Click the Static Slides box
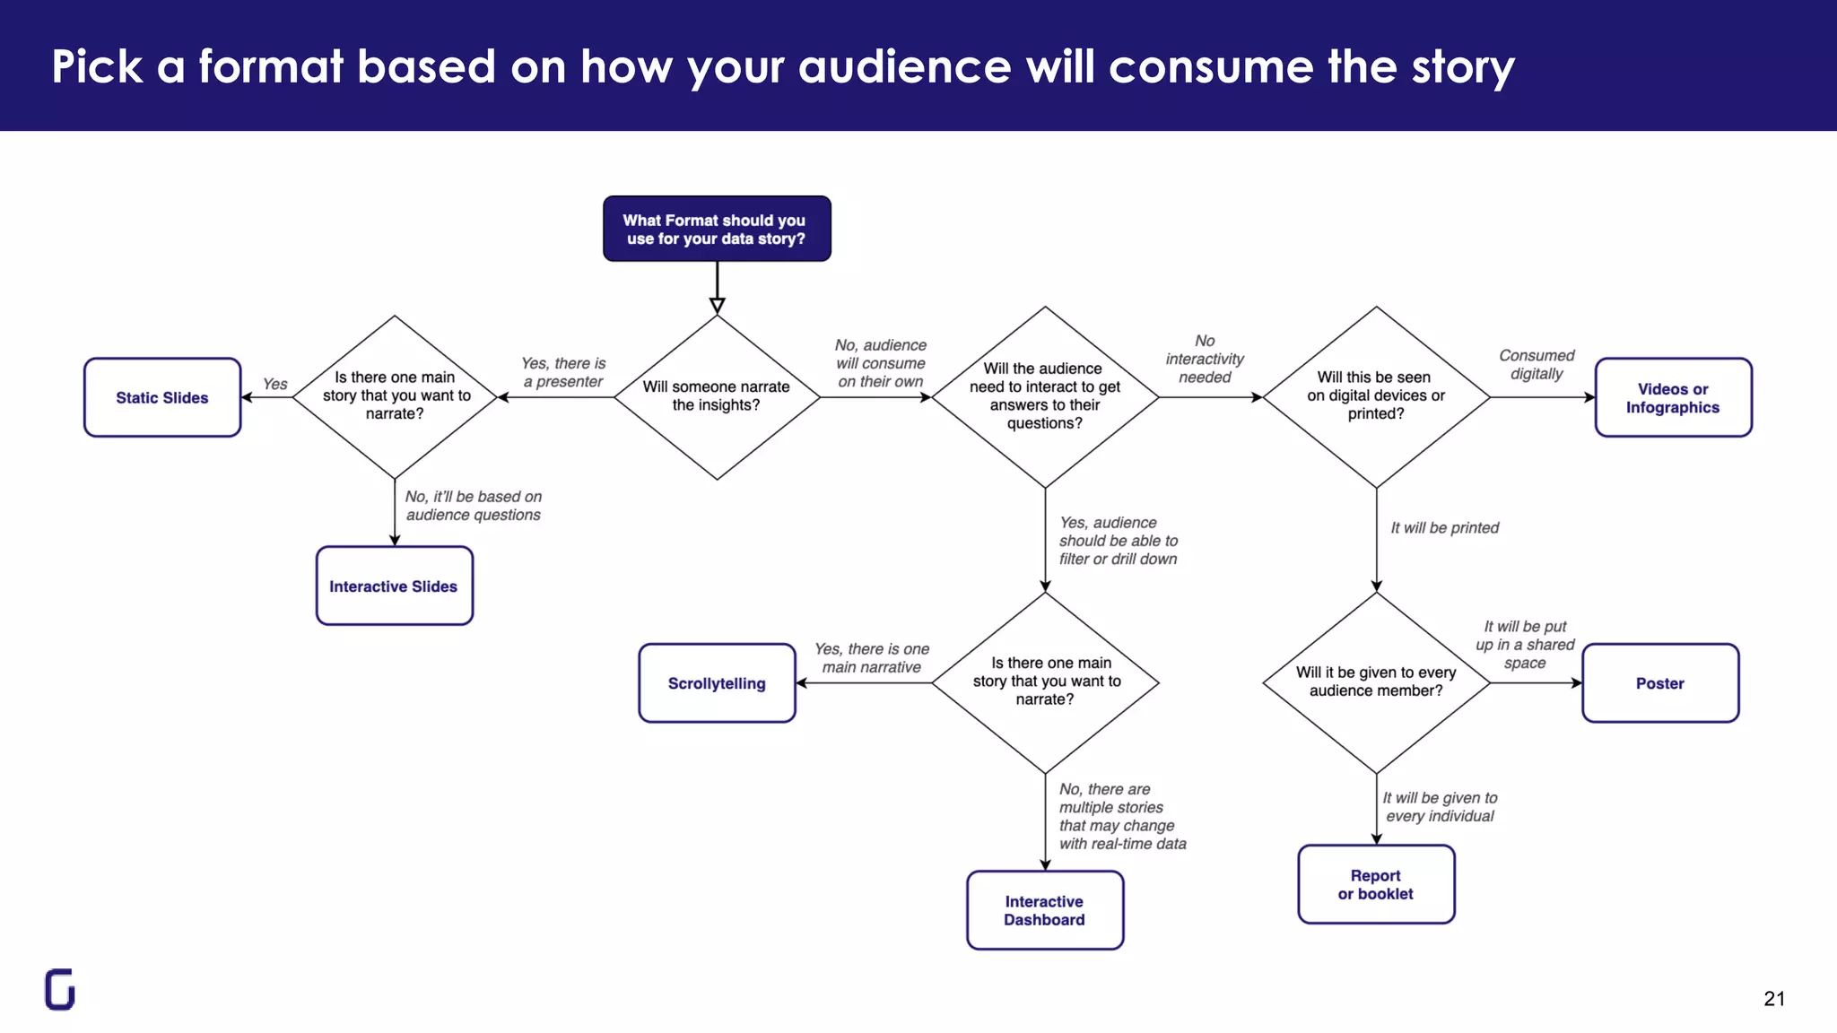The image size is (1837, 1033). pyautogui.click(x=162, y=397)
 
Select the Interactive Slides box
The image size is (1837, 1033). pyautogui.click(x=394, y=586)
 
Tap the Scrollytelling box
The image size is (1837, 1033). pyautogui.click(x=717, y=683)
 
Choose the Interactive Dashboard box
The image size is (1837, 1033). pyautogui.click(x=1045, y=910)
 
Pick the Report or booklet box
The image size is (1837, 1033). pyautogui.click(x=1376, y=884)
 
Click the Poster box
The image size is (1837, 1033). pyautogui.click(x=1660, y=683)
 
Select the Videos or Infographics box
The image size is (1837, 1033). pyautogui.click(x=1673, y=397)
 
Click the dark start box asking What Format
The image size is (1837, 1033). pyautogui.click(x=717, y=229)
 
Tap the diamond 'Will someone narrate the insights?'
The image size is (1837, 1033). pyautogui.click(x=717, y=396)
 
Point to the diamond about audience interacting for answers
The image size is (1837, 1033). pyautogui.click(x=1045, y=396)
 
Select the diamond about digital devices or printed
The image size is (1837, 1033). pyautogui.click(x=1376, y=396)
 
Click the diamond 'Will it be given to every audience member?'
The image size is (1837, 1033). pyautogui.click(x=1376, y=682)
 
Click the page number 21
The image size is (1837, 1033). pyautogui.click(x=1773, y=999)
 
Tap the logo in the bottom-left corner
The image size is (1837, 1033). pyautogui.click(x=60, y=990)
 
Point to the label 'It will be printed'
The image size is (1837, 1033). pyautogui.click(x=1444, y=528)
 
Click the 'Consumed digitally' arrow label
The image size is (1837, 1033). pyautogui.click(x=1537, y=365)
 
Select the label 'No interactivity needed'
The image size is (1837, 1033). pyautogui.click(x=1205, y=359)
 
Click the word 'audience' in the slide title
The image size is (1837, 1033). pyautogui.click(x=904, y=67)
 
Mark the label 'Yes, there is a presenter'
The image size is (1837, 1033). pyautogui.click(x=563, y=372)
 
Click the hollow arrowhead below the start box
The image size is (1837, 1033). pyautogui.click(x=717, y=306)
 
